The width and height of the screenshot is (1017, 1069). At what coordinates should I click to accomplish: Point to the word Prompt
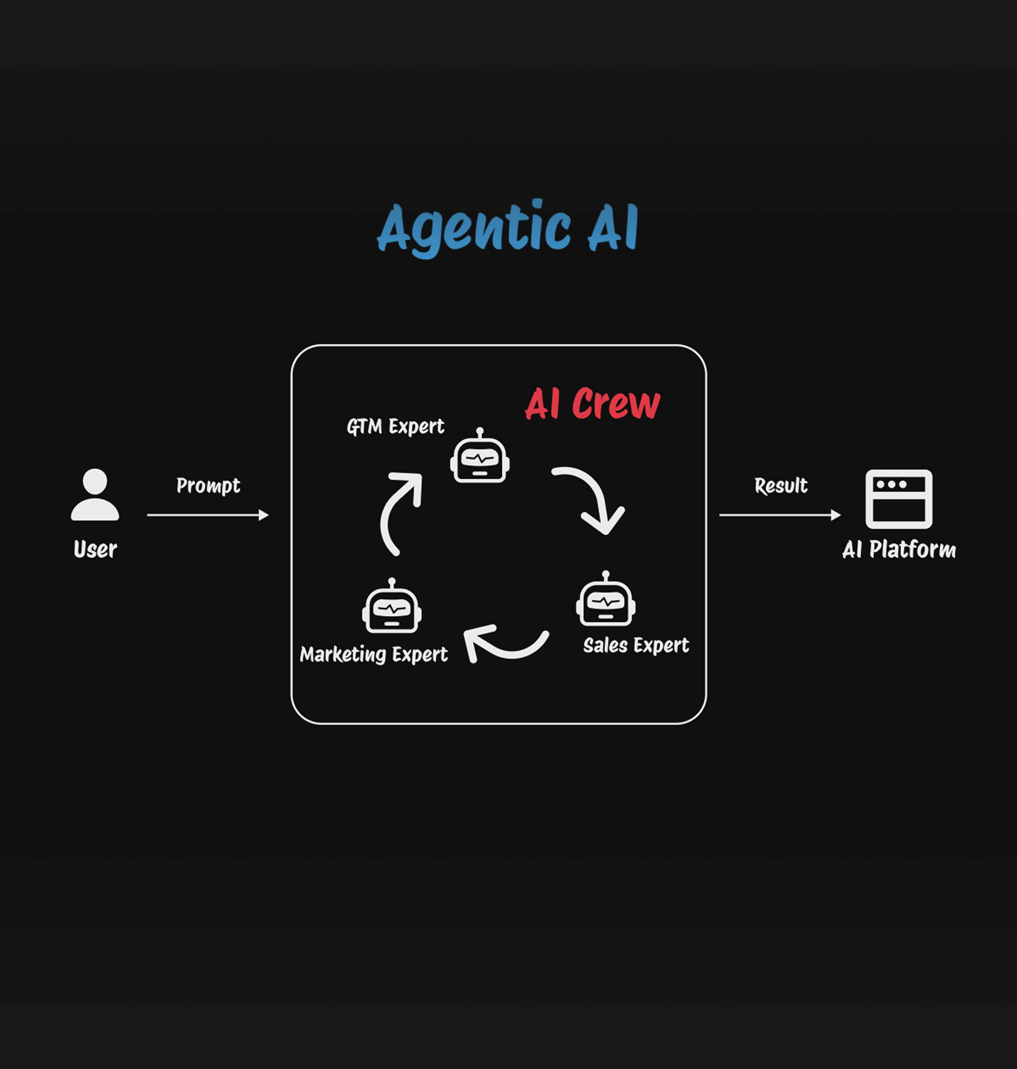pos(208,485)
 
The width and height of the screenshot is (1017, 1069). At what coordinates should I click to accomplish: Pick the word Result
pos(781,485)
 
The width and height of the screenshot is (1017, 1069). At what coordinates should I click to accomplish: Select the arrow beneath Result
pos(780,515)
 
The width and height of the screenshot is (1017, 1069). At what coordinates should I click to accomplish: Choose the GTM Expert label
pos(395,426)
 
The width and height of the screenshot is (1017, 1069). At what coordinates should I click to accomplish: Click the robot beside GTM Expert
pos(480,459)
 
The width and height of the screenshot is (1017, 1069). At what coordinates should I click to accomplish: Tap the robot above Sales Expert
pos(606,603)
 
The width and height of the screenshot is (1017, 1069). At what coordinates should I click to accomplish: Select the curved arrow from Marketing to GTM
pos(397,509)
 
